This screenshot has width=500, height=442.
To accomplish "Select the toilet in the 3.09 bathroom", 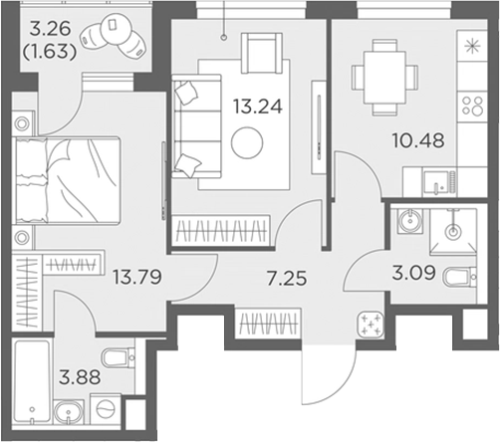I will point(461,275).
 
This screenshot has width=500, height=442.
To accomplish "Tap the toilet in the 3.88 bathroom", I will point(120,358).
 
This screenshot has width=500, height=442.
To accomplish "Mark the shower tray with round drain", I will point(454,230).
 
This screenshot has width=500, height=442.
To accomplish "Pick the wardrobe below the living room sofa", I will point(220,231).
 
